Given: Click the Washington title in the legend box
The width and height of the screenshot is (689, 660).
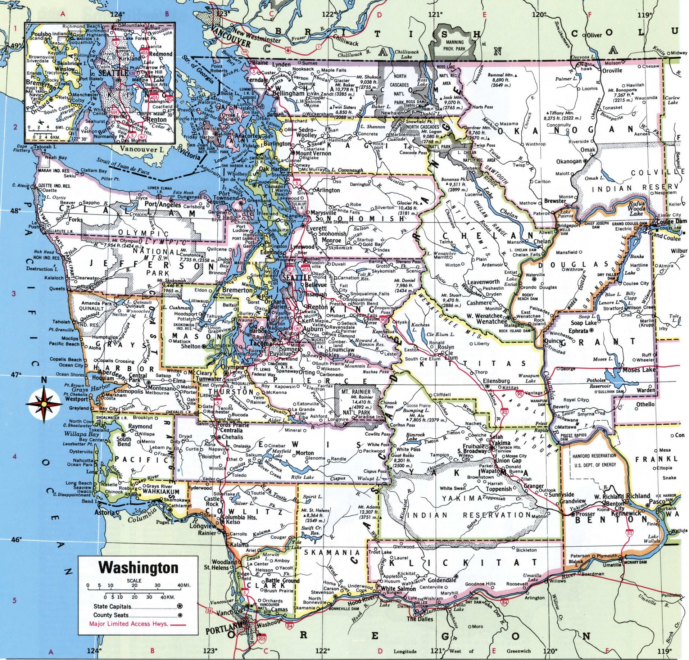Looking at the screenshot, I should [x=138, y=568].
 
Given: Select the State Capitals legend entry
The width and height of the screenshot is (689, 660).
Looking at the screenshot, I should [x=112, y=606].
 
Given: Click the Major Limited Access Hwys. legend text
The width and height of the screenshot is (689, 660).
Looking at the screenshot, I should [x=128, y=624].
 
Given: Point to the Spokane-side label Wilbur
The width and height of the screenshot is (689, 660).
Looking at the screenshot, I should [x=679, y=251].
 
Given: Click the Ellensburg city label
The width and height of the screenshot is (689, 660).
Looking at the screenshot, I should [x=496, y=381].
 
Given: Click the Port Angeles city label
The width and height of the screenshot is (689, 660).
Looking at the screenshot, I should [x=163, y=205].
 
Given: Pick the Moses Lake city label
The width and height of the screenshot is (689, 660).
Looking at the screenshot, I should [x=639, y=370].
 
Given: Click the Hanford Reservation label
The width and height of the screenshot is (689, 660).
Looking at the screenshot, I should [x=594, y=456].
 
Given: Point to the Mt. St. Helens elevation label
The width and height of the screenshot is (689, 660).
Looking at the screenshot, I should [x=315, y=510].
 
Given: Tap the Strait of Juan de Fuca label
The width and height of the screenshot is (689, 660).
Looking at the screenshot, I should [x=123, y=167].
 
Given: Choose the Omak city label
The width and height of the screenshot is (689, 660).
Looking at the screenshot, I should [x=588, y=149].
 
